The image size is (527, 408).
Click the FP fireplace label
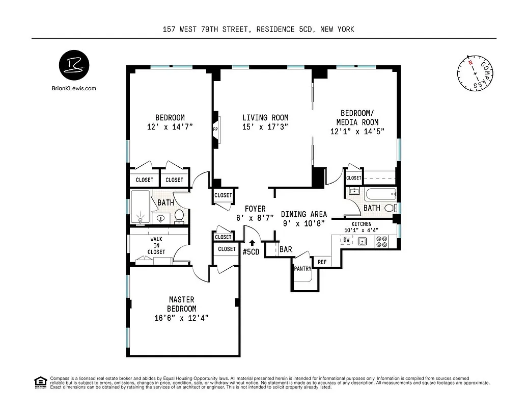[x=215, y=130]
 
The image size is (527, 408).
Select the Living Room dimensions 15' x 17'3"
[x=265, y=127]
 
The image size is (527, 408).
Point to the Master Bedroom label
[x=182, y=304]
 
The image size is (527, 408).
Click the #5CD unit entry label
[x=252, y=251]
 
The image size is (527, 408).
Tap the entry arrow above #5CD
[x=252, y=242]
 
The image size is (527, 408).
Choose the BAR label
[x=286, y=249]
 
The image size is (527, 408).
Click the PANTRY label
[x=302, y=269]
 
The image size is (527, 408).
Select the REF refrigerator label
[x=322, y=262]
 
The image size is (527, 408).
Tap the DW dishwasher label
[x=346, y=240]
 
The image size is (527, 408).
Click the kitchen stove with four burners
[x=382, y=242]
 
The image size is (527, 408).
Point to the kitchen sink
[x=363, y=241]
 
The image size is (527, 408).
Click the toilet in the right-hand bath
[x=390, y=208]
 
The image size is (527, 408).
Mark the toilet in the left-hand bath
[x=179, y=217]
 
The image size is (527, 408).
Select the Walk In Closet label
[x=156, y=245]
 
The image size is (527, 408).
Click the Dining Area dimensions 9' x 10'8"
[x=304, y=223]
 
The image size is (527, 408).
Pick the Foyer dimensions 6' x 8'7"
[x=255, y=217]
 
